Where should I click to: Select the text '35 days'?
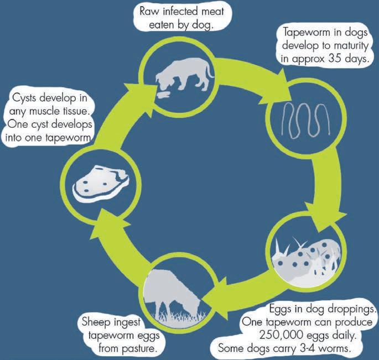tap(344, 58)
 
